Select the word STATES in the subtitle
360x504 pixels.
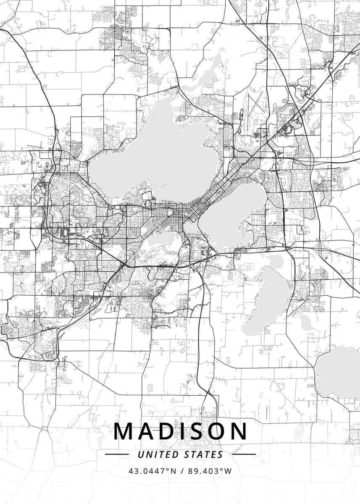(x=203, y=454)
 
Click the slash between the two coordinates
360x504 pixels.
(x=182, y=471)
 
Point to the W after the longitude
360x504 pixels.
(x=228, y=471)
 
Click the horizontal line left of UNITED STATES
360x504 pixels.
(x=116, y=454)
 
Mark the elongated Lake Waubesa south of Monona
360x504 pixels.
(x=269, y=298)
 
